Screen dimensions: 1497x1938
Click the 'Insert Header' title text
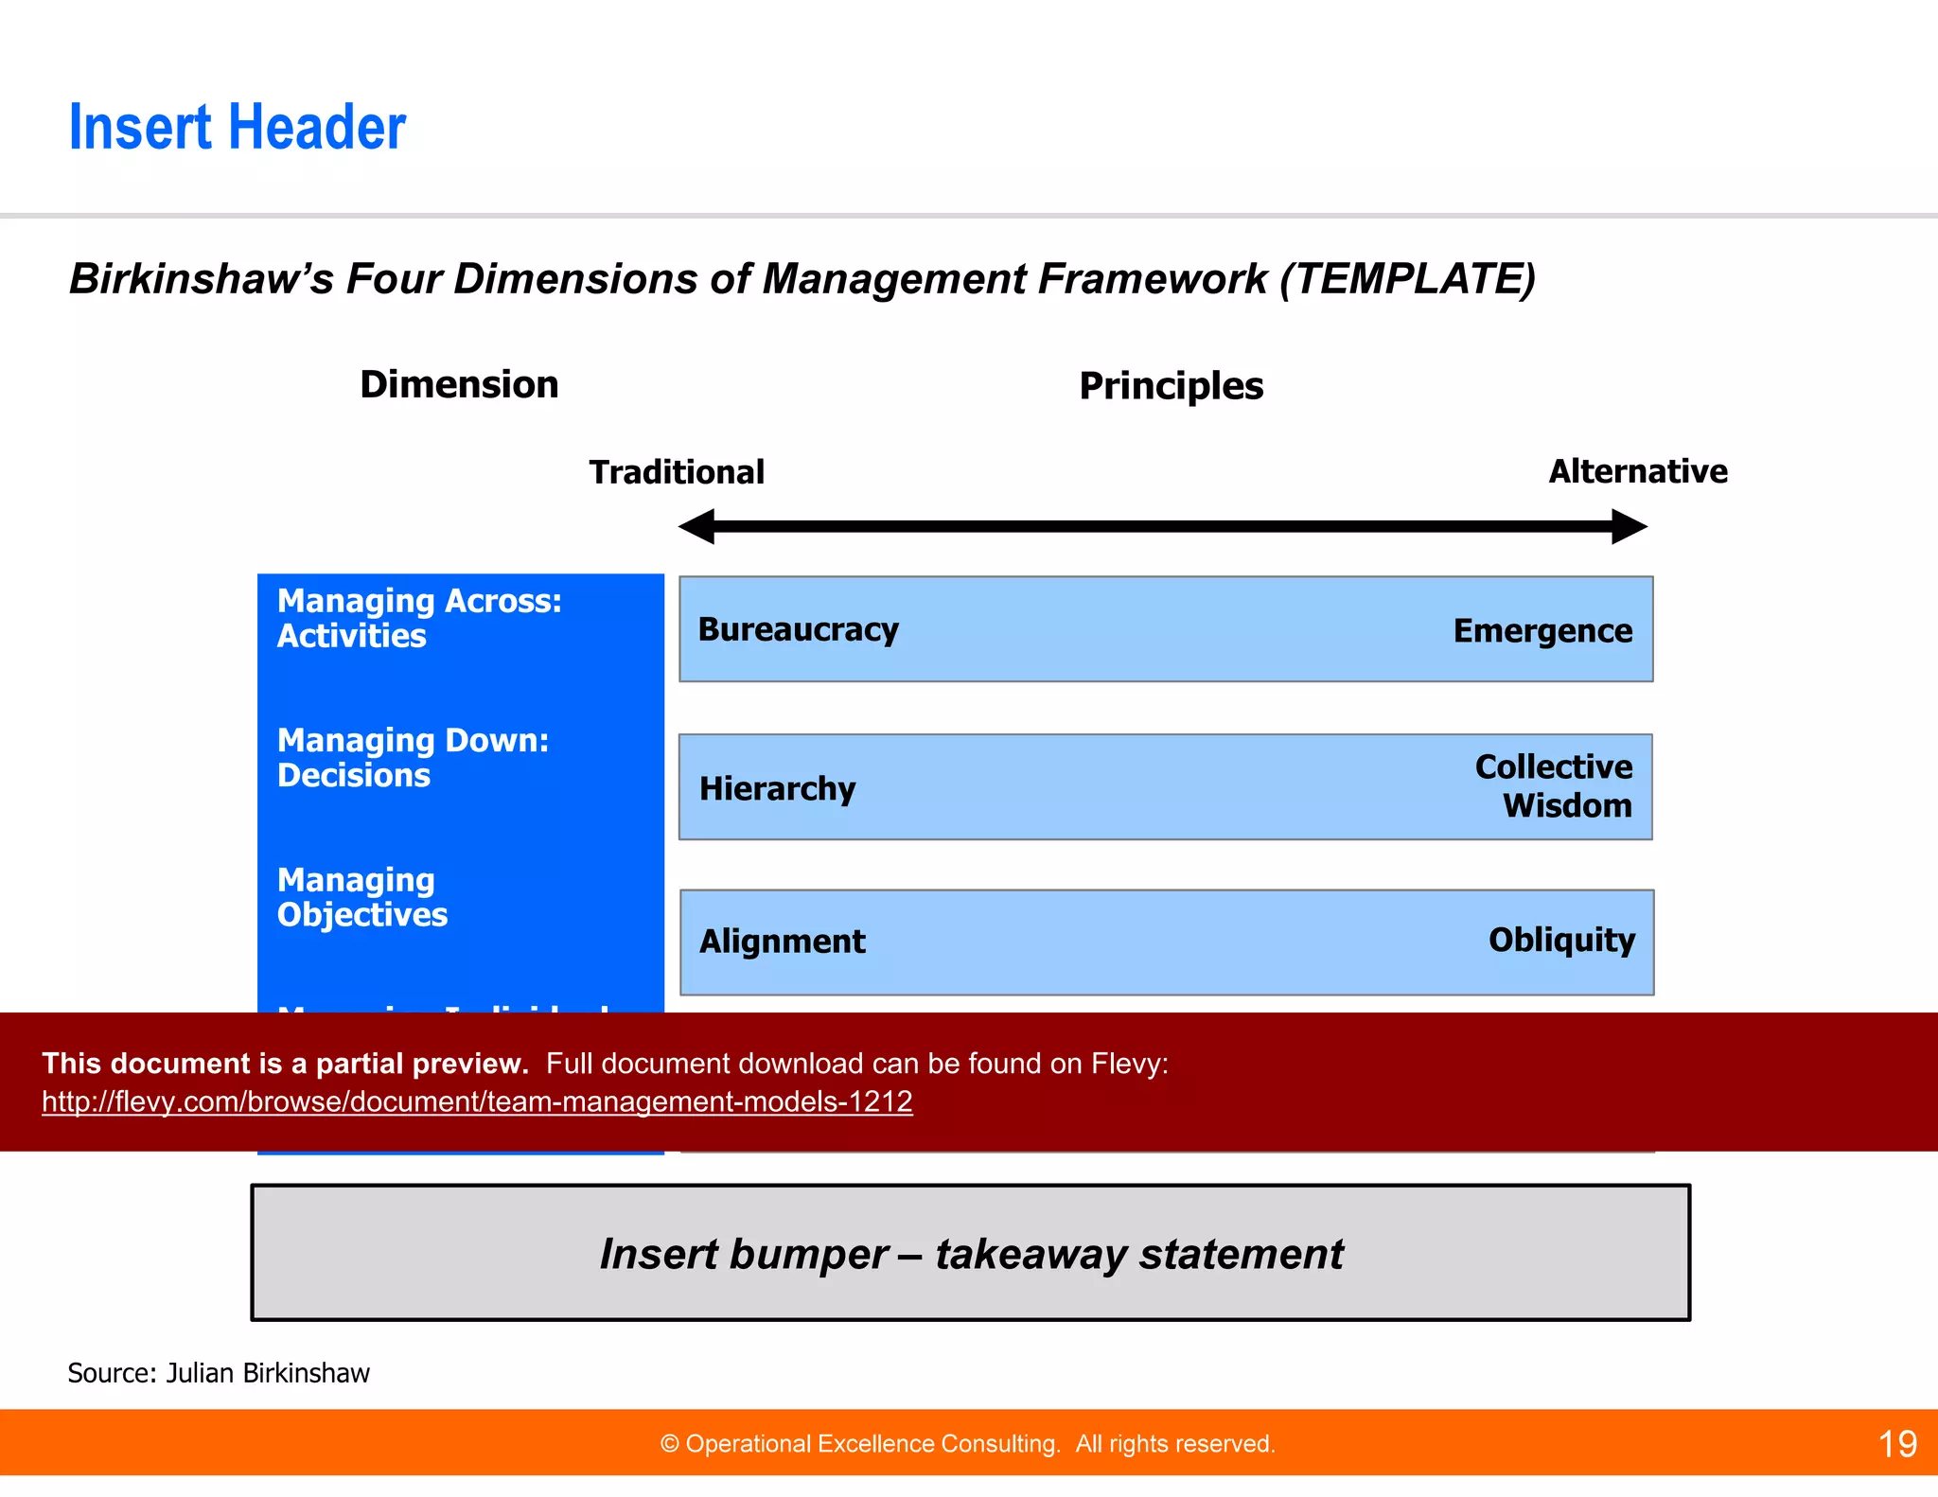click(237, 128)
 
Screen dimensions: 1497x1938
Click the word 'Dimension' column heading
click(459, 385)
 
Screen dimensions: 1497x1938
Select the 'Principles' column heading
click(1171, 386)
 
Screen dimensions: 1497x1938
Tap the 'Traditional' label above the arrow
click(677, 472)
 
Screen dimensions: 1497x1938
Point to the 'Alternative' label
click(1637, 471)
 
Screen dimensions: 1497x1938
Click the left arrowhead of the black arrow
click(697, 526)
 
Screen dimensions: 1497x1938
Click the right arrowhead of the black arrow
click(1629, 526)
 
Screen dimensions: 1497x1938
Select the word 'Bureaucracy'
click(798, 630)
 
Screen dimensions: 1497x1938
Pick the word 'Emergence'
click(1542, 631)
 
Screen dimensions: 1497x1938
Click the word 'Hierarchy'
click(777, 788)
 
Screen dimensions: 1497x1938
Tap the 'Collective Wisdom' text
click(1554, 785)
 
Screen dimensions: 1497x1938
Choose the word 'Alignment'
click(782, 942)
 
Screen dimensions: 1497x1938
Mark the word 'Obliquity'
click(1561, 940)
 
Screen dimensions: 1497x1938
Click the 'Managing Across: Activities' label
click(418, 618)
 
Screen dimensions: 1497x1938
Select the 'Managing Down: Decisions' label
click(413, 757)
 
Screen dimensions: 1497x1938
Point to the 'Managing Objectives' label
click(361, 897)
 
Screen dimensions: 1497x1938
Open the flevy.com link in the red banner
click(477, 1101)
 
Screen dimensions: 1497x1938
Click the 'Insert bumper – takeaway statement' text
click(971, 1254)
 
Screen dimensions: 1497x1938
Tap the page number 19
click(1896, 1444)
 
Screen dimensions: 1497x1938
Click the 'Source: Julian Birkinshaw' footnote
click(219, 1373)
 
